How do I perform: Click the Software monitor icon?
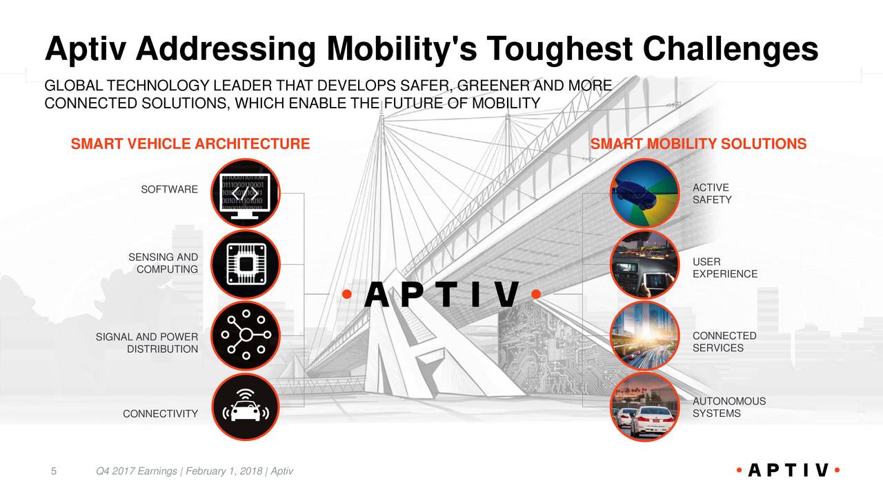(x=245, y=194)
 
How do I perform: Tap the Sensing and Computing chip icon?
(x=245, y=265)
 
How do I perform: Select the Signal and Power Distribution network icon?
(x=245, y=335)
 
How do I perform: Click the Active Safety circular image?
(x=645, y=194)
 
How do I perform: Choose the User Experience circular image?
(x=645, y=265)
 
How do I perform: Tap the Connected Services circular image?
(x=645, y=335)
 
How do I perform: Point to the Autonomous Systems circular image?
(x=645, y=407)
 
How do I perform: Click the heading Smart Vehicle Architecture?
(x=190, y=144)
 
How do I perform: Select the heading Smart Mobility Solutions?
(x=698, y=144)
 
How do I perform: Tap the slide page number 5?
(x=54, y=471)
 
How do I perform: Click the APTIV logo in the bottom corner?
(x=786, y=471)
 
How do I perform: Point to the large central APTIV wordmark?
(x=441, y=295)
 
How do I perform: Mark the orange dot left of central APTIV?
(x=348, y=295)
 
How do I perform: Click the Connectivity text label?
(x=160, y=414)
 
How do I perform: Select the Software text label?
(x=169, y=190)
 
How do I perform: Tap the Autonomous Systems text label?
(x=728, y=407)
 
